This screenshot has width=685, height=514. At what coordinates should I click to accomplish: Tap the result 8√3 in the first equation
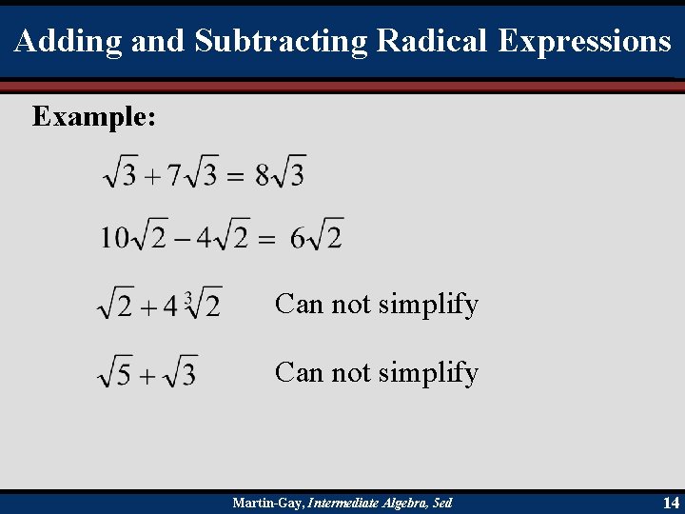click(x=281, y=174)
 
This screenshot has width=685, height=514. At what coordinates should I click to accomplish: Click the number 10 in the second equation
click(x=114, y=237)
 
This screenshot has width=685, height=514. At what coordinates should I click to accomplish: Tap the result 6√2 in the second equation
click(x=317, y=236)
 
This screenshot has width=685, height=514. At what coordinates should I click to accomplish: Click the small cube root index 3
click(x=188, y=299)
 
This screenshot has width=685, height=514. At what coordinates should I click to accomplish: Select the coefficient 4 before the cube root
click(x=170, y=306)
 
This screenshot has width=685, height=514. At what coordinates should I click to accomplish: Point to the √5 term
click(x=116, y=372)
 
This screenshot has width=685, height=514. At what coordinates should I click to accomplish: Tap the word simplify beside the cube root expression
click(x=428, y=306)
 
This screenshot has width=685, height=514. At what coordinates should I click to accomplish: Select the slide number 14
click(x=671, y=503)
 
